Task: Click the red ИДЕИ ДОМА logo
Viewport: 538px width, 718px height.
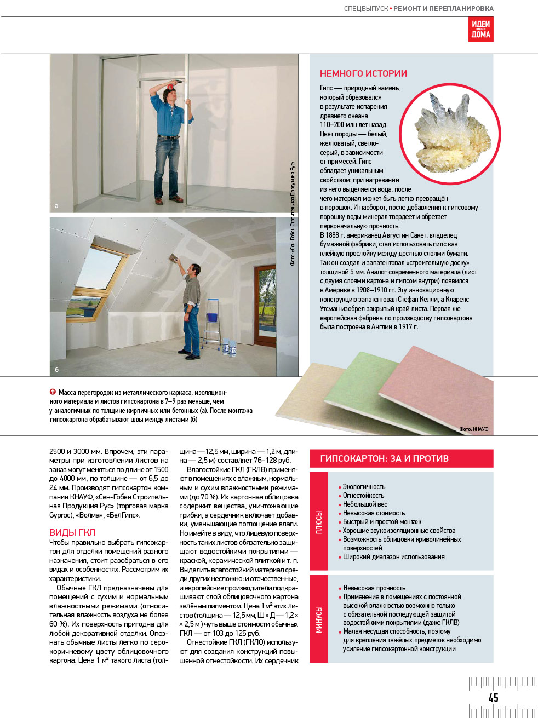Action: [480, 29]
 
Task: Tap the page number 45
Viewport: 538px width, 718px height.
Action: [493, 697]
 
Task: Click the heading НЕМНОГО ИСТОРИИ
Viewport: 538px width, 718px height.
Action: [363, 73]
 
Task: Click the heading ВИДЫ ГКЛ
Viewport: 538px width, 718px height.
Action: [72, 532]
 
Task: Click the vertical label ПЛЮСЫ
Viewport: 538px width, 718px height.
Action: [319, 522]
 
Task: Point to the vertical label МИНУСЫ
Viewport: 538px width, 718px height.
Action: [319, 619]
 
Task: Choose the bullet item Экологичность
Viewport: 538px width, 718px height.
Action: [364, 487]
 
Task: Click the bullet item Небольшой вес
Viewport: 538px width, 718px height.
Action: [365, 504]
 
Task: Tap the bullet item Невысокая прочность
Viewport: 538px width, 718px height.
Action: [374, 588]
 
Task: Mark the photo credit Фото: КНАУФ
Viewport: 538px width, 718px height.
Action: [474, 429]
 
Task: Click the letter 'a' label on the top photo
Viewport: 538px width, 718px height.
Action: [56, 206]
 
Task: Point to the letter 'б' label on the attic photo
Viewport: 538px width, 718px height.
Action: [56, 370]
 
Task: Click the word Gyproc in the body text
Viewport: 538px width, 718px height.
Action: [61, 515]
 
